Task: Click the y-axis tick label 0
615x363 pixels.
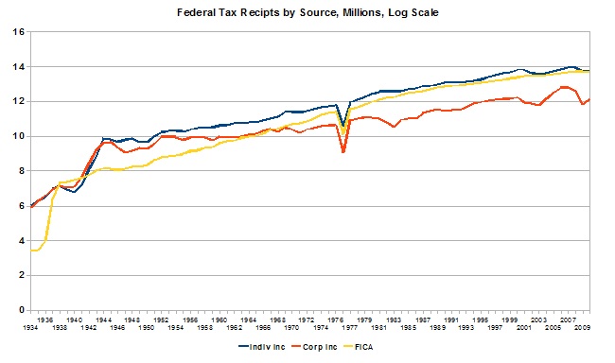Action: pos(20,309)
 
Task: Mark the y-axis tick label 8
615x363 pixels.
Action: pos(20,170)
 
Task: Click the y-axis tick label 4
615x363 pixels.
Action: pos(20,240)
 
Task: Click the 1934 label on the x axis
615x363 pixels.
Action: pos(32,329)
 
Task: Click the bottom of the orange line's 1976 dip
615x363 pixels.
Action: pos(343,151)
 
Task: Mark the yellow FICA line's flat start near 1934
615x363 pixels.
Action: pos(35,250)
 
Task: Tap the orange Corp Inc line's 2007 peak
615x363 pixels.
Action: pos(565,87)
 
